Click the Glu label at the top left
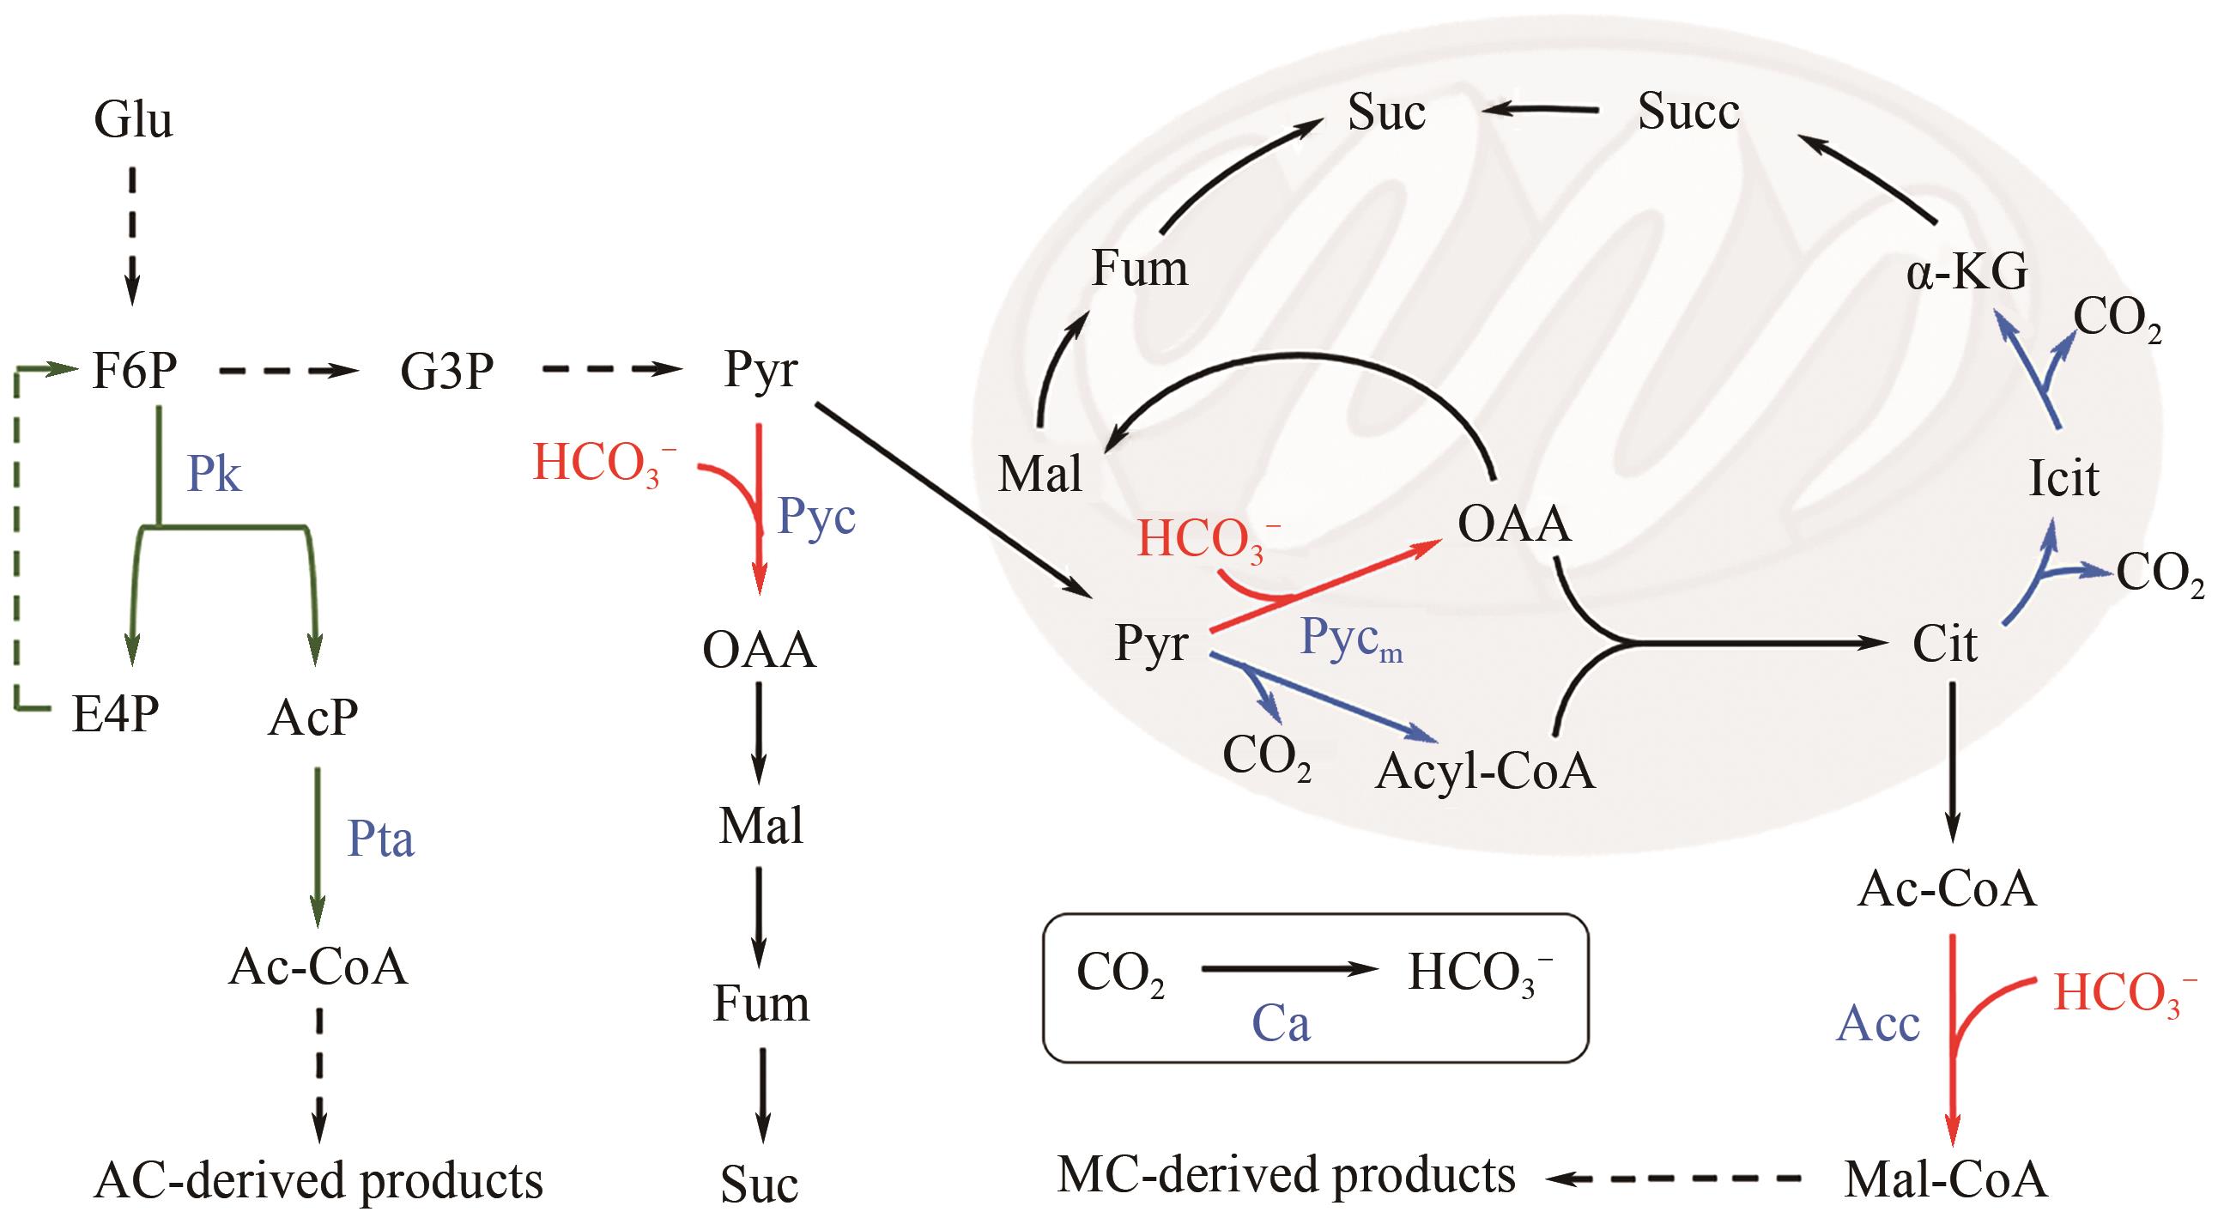pyautogui.click(x=133, y=119)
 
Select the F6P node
pyautogui.click(x=134, y=372)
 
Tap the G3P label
pyautogui.click(x=446, y=372)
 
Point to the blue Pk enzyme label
pyautogui.click(x=214, y=474)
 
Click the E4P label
pyautogui.click(x=115, y=714)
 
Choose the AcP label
pyautogui.click(x=312, y=718)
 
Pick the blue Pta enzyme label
pyautogui.click(x=380, y=838)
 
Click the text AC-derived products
pyautogui.click(x=318, y=1180)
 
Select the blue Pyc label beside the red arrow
pyautogui.click(x=816, y=517)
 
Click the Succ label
pyautogui.click(x=1688, y=112)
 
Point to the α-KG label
pyautogui.click(x=1966, y=273)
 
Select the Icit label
pyautogui.click(x=2063, y=477)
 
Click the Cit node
pyautogui.click(x=1944, y=644)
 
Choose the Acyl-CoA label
pyautogui.click(x=1485, y=771)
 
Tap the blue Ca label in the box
pyautogui.click(x=1282, y=1024)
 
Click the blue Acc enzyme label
pyautogui.click(x=1879, y=1024)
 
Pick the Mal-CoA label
pyautogui.click(x=1946, y=1180)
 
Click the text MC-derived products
pyautogui.click(x=1287, y=1176)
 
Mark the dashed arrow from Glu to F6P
pyautogui.click(x=132, y=233)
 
